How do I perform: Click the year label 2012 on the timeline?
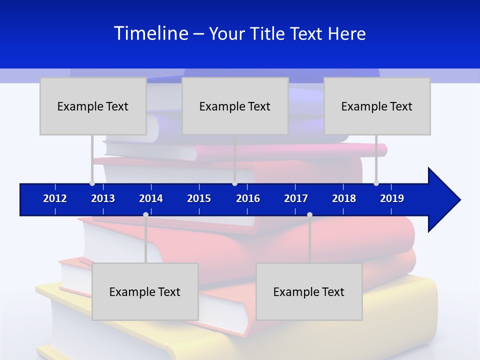pyautogui.click(x=55, y=198)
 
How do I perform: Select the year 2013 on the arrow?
pyautogui.click(x=103, y=198)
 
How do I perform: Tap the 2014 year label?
pyautogui.click(x=151, y=198)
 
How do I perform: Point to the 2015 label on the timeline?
pyautogui.click(x=199, y=198)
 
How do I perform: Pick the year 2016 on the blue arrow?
pyautogui.click(x=248, y=198)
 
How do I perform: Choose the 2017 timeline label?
pyautogui.click(x=296, y=198)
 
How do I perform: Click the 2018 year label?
pyautogui.click(x=344, y=198)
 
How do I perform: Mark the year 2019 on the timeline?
pyautogui.click(x=392, y=198)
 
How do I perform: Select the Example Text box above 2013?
pyautogui.click(x=93, y=106)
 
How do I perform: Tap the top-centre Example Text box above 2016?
pyautogui.click(x=235, y=106)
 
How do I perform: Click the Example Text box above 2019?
pyautogui.click(x=377, y=106)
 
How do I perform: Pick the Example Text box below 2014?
pyautogui.click(x=145, y=291)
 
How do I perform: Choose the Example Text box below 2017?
pyautogui.click(x=309, y=291)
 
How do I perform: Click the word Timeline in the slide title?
pyautogui.click(x=151, y=33)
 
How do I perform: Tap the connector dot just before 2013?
pyautogui.click(x=92, y=183)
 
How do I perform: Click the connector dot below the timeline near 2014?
pyautogui.click(x=145, y=214)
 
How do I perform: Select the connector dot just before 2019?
pyautogui.click(x=376, y=183)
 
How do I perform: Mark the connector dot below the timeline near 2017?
pyautogui.click(x=309, y=214)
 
